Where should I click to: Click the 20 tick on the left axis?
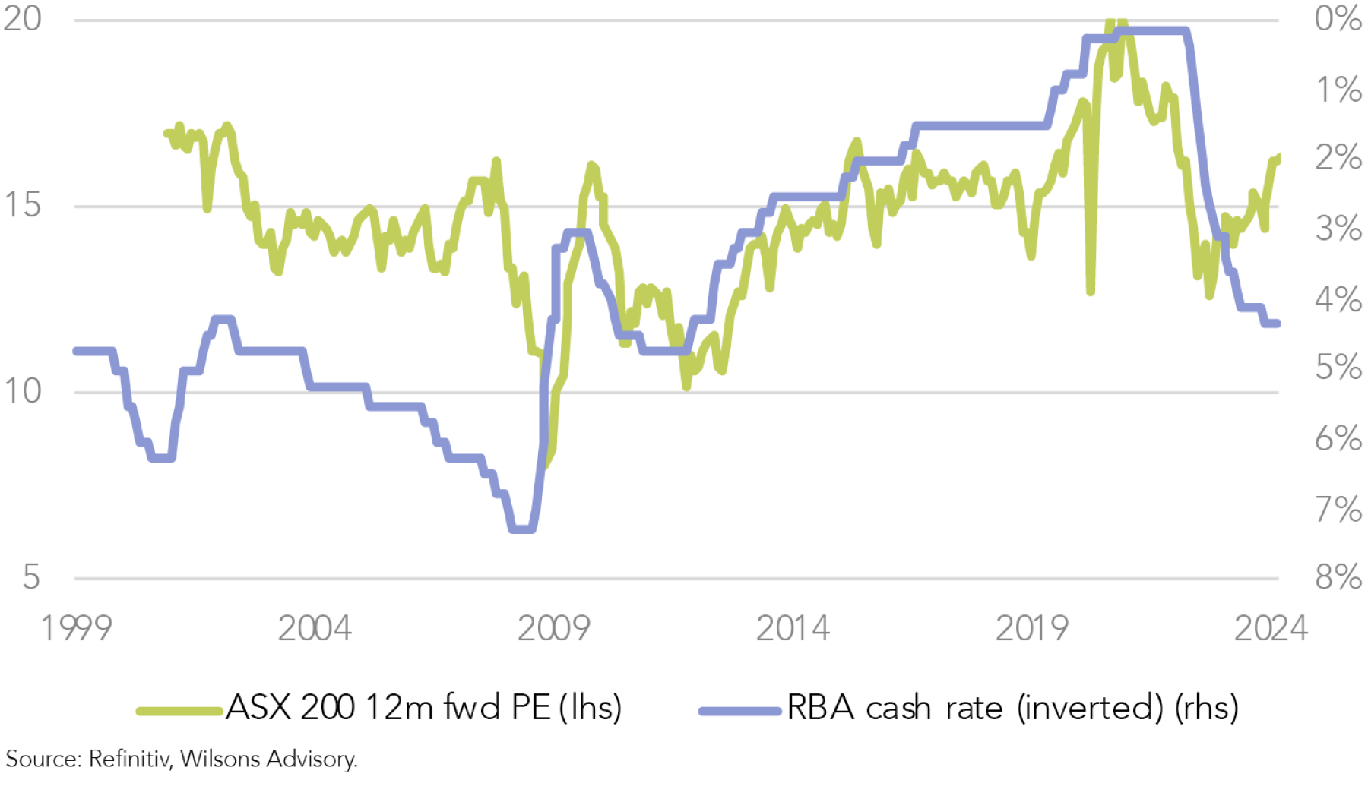23,18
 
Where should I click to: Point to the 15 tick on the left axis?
23,205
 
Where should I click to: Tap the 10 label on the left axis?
23,392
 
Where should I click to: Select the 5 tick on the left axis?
31,578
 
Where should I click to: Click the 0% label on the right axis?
1338,18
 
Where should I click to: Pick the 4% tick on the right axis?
1338,300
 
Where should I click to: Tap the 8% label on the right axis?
1338,578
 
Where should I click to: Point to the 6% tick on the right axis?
1338,439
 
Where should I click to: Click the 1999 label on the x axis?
76,629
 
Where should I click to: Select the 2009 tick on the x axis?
553,629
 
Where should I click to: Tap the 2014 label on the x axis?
792,629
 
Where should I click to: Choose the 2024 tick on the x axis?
1271,629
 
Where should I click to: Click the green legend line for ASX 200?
179,712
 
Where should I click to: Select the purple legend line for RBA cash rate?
739,712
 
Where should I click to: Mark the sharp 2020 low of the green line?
1091,291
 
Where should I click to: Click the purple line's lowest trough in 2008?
522,529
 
